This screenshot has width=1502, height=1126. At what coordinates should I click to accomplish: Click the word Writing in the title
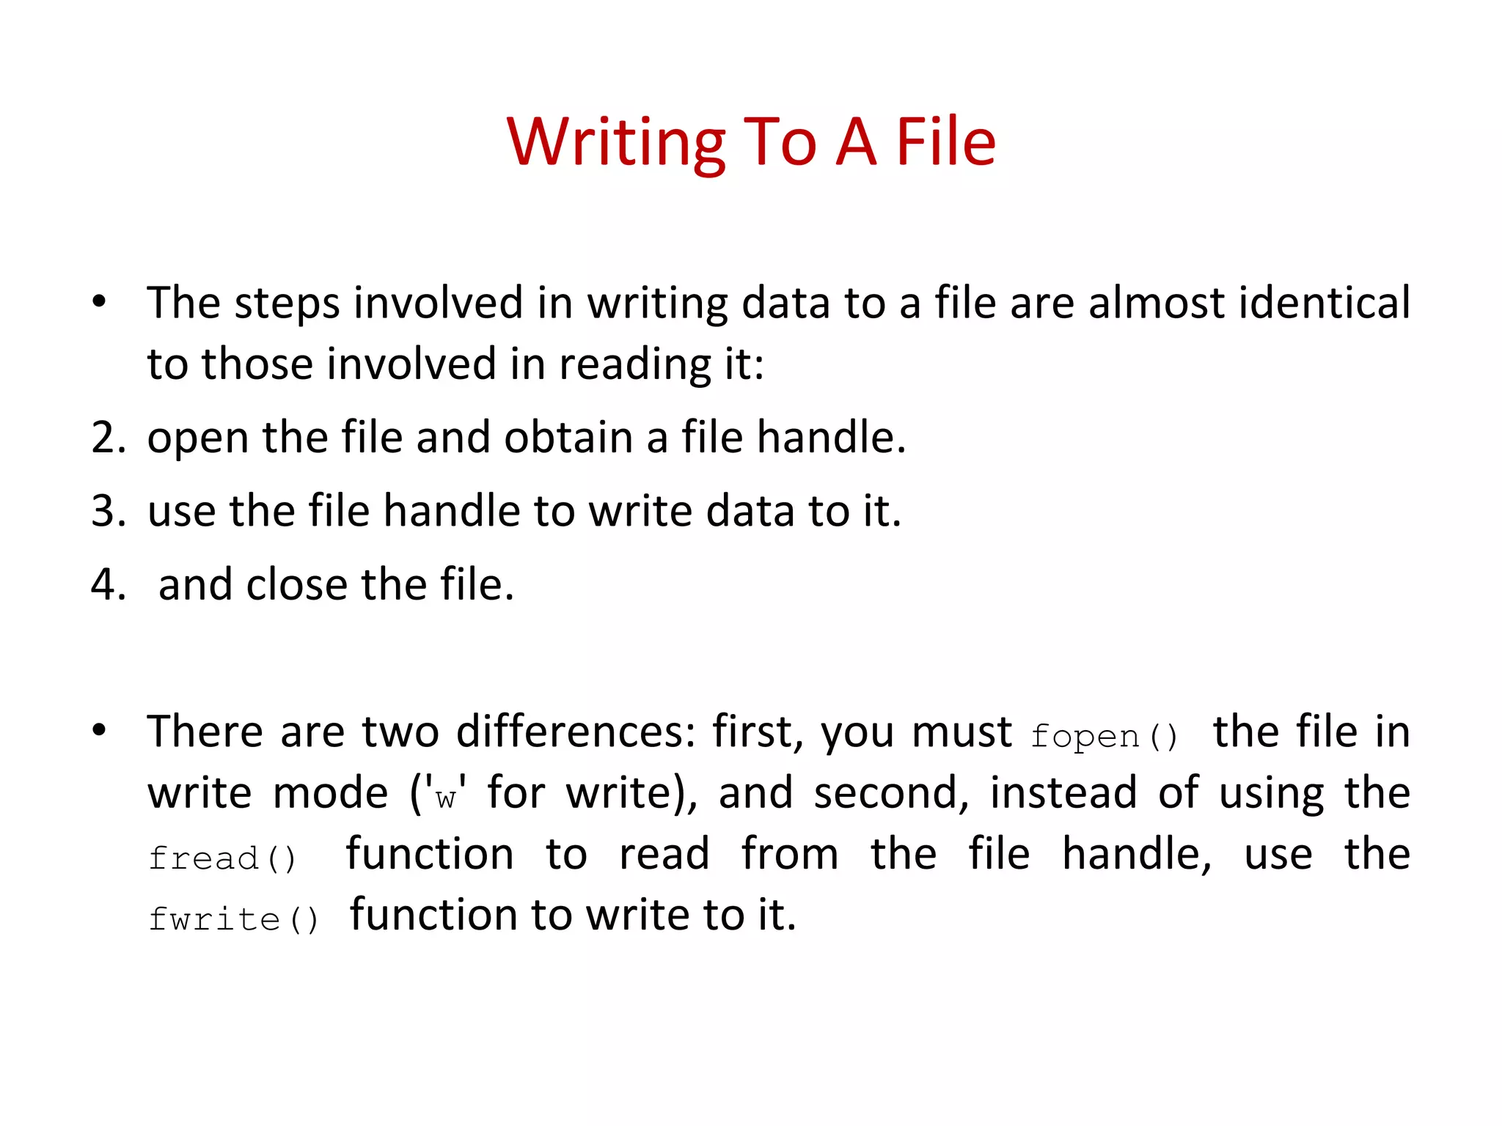point(616,143)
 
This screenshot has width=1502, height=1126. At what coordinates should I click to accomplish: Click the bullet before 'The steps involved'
point(99,301)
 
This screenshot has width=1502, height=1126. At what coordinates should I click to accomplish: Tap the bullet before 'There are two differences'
point(99,730)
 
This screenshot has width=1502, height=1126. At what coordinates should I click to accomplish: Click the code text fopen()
point(1104,736)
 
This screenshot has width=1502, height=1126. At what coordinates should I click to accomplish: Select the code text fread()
point(221,858)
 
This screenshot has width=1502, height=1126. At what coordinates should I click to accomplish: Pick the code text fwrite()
point(233,919)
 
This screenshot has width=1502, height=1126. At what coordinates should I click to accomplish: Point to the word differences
point(576,732)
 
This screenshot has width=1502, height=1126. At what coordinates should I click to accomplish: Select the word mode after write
point(330,793)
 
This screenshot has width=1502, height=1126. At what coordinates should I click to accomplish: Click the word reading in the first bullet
point(634,364)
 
